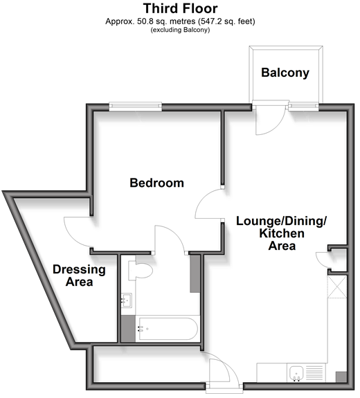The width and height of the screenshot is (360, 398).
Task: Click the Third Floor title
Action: pyautogui.click(x=180, y=8)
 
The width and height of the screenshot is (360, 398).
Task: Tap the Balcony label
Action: pyautogui.click(x=285, y=73)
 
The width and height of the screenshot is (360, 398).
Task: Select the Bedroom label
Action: pyautogui.click(x=156, y=183)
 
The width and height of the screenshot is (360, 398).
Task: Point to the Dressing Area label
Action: pyautogui.click(x=79, y=275)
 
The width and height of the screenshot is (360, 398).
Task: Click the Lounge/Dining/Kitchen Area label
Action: pyautogui.click(x=281, y=233)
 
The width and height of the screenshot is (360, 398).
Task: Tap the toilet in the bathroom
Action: pyautogui.click(x=140, y=271)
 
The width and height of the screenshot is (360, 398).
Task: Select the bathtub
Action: pyautogui.click(x=168, y=329)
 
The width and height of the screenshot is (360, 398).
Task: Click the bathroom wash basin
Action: pyautogui.click(x=126, y=300)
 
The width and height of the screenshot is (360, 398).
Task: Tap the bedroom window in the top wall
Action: pyautogui.click(x=135, y=107)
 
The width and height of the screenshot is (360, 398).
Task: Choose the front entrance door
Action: pyautogui.click(x=224, y=370)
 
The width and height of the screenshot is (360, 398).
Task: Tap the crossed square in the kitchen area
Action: pyautogui.click(x=337, y=287)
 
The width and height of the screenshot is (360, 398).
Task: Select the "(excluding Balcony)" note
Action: pyautogui.click(x=180, y=30)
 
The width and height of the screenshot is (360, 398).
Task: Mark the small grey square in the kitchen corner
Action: pyautogui.click(x=341, y=377)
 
